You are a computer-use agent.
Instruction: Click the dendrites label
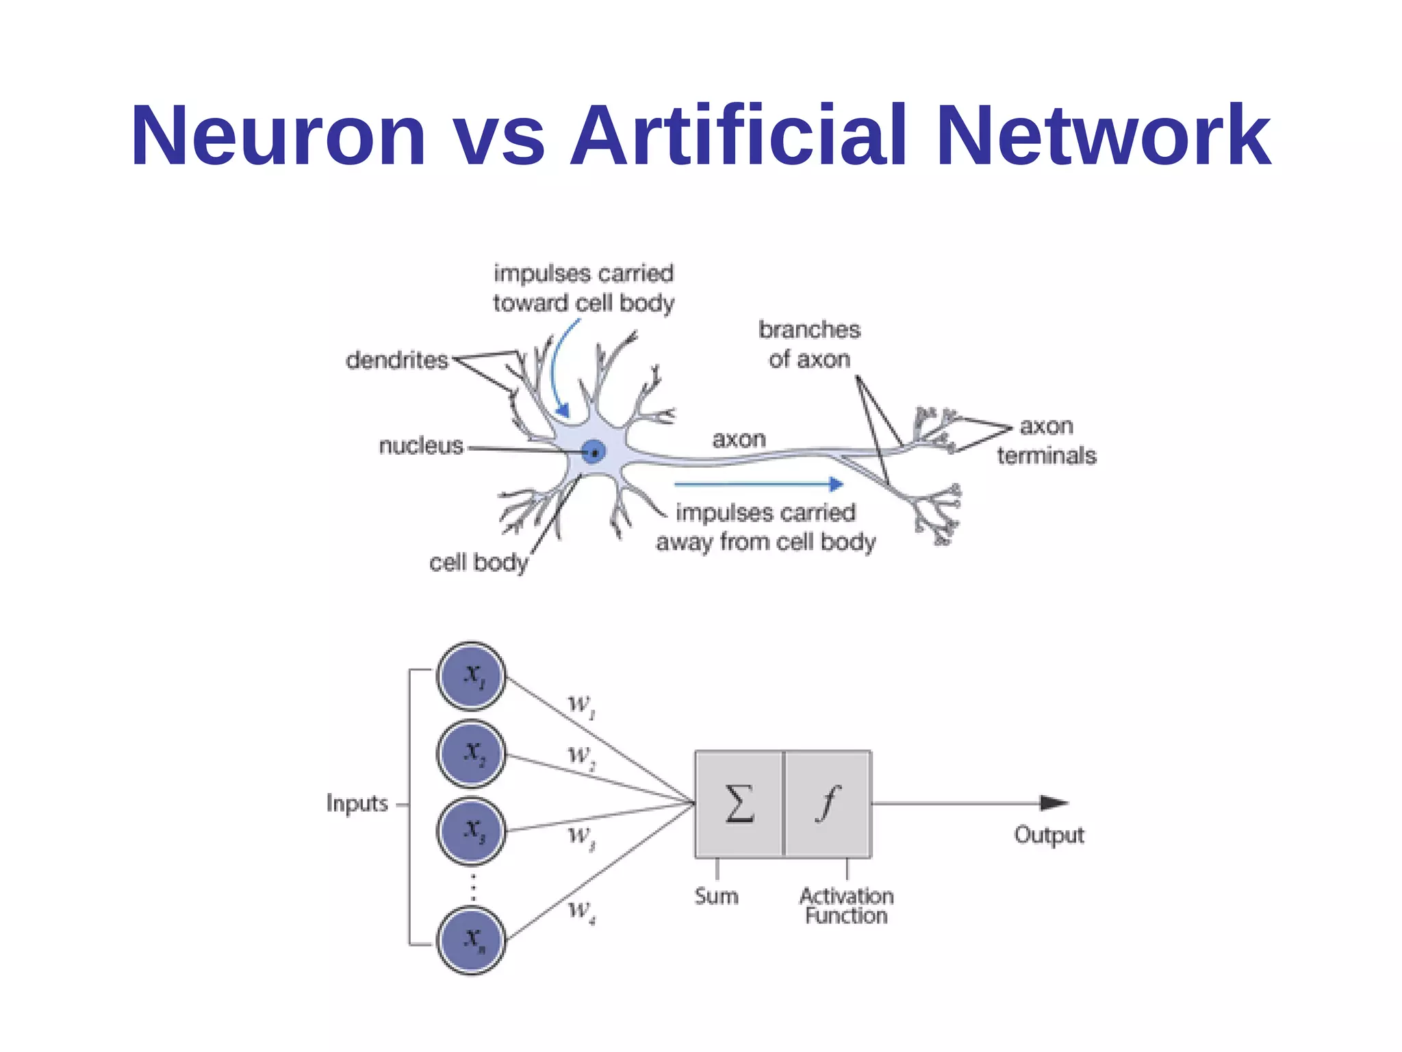(397, 360)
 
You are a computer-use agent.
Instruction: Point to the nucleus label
(421, 446)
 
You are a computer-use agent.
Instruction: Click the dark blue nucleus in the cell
(594, 452)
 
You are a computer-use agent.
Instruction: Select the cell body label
(479, 562)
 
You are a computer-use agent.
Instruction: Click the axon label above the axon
(739, 439)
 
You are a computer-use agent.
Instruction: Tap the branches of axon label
(809, 344)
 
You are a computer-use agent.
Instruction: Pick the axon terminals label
(1046, 440)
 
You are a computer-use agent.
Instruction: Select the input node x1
(472, 676)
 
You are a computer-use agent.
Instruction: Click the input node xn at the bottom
(472, 940)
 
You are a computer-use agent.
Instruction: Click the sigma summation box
(739, 804)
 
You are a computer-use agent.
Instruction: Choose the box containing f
(828, 804)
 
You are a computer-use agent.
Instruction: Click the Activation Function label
(846, 905)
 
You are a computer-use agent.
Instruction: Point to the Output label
(1049, 835)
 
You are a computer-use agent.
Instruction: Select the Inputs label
(357, 803)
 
